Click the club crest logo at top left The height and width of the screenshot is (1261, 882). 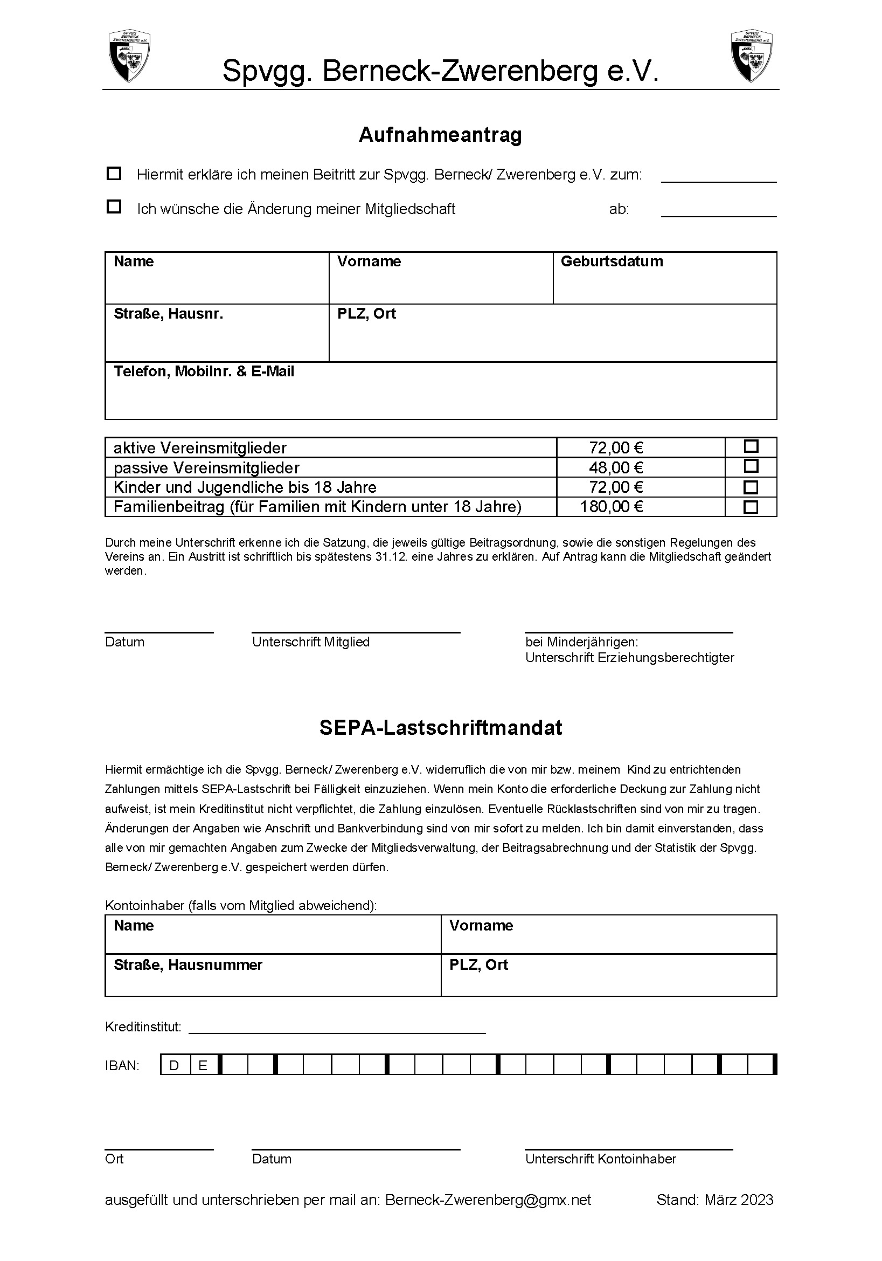click(129, 57)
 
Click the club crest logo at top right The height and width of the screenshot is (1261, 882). click(751, 57)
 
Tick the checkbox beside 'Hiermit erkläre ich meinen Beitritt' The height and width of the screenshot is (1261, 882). click(114, 174)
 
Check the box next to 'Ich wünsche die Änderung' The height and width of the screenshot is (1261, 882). click(114, 207)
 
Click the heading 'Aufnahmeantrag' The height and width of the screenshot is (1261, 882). click(440, 135)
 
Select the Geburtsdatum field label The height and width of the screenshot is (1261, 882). click(612, 261)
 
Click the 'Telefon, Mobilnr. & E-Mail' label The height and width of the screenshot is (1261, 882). click(204, 372)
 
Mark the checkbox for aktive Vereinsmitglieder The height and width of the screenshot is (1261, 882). click(751, 446)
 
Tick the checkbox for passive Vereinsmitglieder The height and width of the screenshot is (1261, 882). click(751, 466)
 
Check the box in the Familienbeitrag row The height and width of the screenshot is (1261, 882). click(751, 506)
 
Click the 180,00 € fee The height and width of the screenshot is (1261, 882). click(612, 506)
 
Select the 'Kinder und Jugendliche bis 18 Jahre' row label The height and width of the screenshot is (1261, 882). click(245, 487)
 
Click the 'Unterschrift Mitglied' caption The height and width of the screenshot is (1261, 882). click(311, 642)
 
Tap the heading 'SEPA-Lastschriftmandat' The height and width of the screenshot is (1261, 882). click(441, 728)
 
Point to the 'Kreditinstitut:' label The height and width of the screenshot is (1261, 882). click(143, 1027)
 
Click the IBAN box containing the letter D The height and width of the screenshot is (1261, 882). click(175, 1066)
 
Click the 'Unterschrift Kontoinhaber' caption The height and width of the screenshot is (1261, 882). click(600, 1159)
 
